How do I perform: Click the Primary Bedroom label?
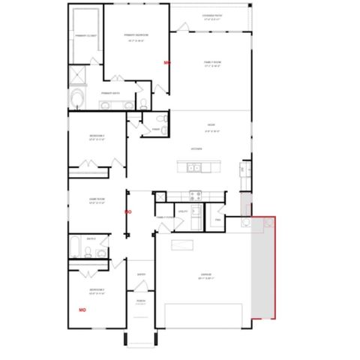tap(136, 34)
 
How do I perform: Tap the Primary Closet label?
tap(85, 34)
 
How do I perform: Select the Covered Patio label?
tap(211, 16)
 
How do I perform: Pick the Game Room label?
tap(96, 200)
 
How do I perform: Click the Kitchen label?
tap(196, 148)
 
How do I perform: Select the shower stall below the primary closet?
tap(77, 74)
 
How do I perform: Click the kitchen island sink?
tap(191, 167)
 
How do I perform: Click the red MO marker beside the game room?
tap(127, 212)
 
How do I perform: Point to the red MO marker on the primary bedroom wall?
tap(167, 64)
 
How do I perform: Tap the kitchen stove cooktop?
tap(195, 196)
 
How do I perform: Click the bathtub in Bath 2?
tap(75, 247)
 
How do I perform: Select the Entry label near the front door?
tap(140, 274)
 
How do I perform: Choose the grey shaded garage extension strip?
tap(262, 270)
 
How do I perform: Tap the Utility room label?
tap(182, 211)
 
